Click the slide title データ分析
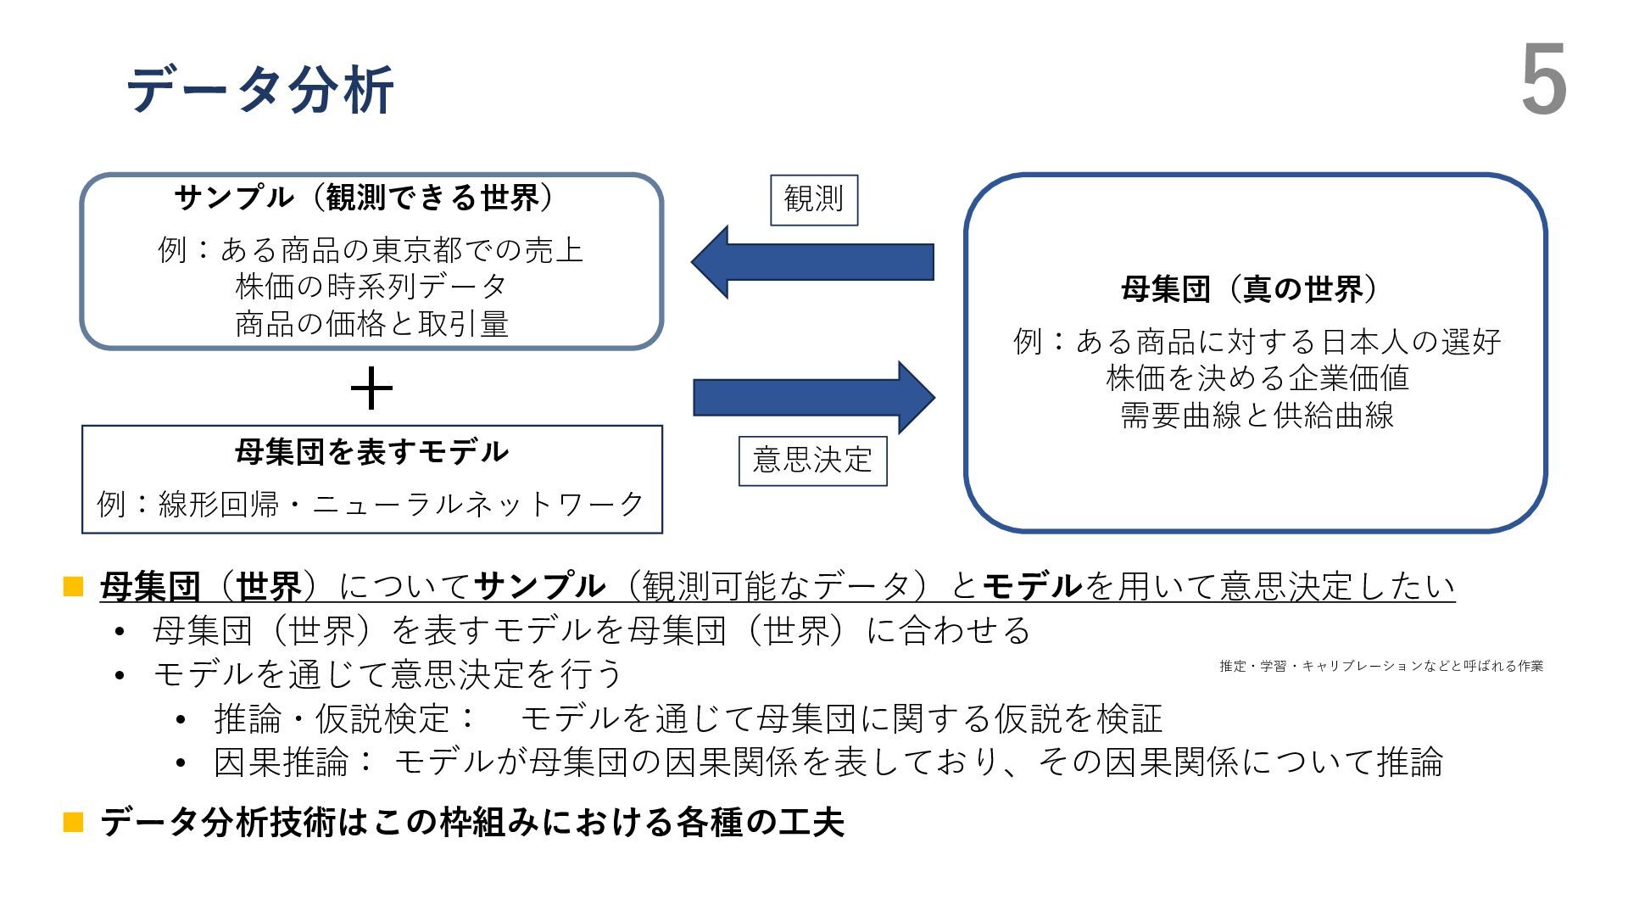click(x=259, y=88)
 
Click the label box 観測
click(x=814, y=200)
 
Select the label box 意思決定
click(x=812, y=461)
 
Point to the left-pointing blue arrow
click(x=811, y=262)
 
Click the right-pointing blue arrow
click(x=814, y=398)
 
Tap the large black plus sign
click(x=371, y=389)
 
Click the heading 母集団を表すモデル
click(x=371, y=451)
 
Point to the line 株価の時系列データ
click(x=371, y=287)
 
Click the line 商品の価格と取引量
click(x=371, y=324)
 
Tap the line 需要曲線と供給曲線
click(x=1257, y=416)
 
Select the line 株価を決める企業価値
click(x=1257, y=378)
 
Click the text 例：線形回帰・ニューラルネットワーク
click(x=371, y=504)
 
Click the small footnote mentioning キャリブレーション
click(x=1380, y=667)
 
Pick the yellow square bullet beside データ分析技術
click(x=74, y=822)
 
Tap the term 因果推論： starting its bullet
click(x=293, y=762)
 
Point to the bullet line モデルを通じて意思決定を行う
click(x=387, y=674)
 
